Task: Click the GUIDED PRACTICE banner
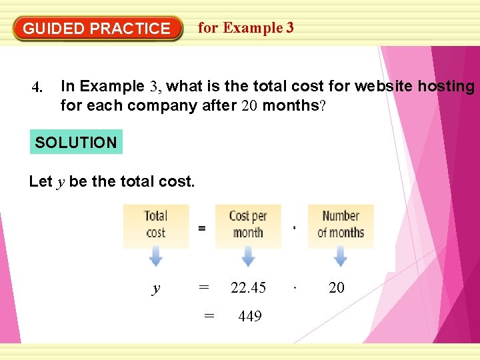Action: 97,29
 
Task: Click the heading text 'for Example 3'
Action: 245,28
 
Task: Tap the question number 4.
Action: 37,87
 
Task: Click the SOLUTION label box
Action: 76,142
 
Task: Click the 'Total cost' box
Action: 155,225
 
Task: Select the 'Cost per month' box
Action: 248,225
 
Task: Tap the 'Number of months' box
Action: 340,225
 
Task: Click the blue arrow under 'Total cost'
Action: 155,257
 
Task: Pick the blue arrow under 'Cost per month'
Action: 248,257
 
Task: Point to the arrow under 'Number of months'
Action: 340,257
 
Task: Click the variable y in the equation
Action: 156,289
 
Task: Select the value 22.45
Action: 248,287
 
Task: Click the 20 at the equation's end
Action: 337,287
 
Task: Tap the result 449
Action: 249,316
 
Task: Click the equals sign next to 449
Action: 209,316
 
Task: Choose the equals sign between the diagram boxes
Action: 201,228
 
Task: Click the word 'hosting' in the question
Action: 446,86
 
